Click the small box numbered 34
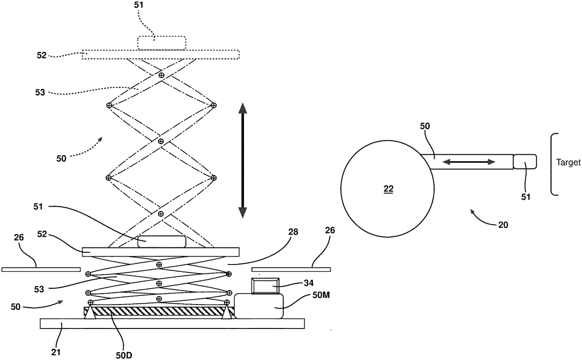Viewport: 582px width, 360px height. pyautogui.click(x=265, y=286)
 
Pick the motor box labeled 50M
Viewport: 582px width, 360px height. pyautogui.click(x=259, y=306)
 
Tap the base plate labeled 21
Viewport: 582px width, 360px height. pyautogui.click(x=172, y=324)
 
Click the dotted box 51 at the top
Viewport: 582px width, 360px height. pyautogui.click(x=161, y=43)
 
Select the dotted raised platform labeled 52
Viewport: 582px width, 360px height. pyautogui.click(x=160, y=54)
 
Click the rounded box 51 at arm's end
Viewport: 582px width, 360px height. pyautogui.click(x=525, y=162)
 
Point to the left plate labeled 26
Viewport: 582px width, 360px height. pyautogui.click(x=41, y=269)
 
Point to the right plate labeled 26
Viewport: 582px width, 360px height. pyautogui.click(x=291, y=269)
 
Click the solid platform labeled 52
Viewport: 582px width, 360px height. pyautogui.click(x=160, y=252)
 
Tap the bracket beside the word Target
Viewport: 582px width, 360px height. pyautogui.click(x=554, y=164)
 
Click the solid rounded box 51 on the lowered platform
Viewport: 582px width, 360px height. pyautogui.click(x=162, y=241)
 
